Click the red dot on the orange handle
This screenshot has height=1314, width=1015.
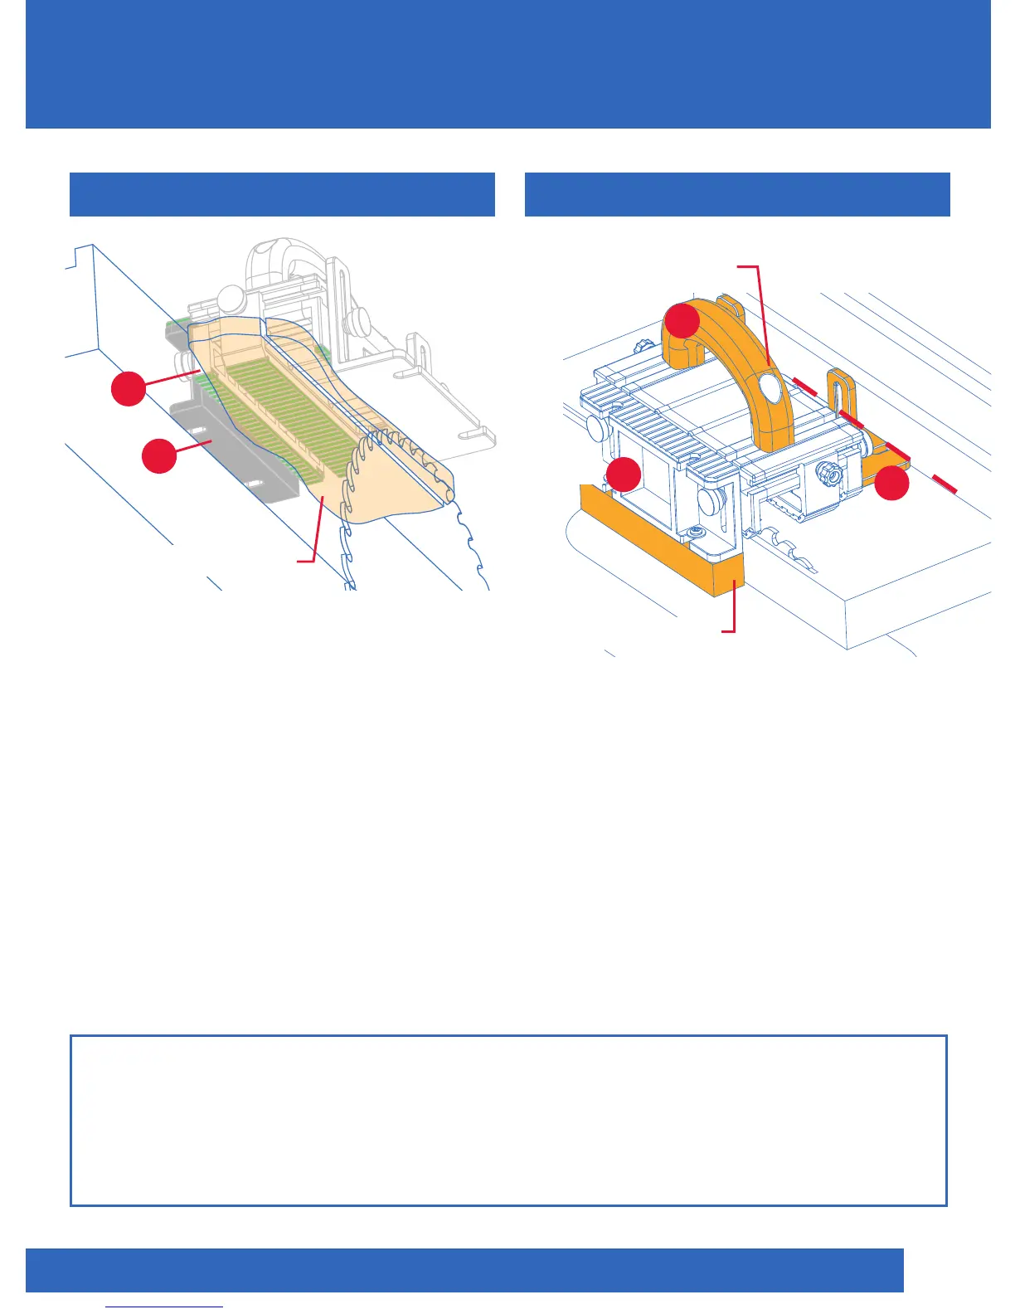pyautogui.click(x=682, y=320)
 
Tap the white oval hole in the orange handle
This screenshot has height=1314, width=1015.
pyautogui.click(x=768, y=387)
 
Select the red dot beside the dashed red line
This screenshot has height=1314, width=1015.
pyautogui.click(x=892, y=483)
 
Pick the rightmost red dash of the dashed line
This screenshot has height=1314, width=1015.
pyautogui.click(x=945, y=484)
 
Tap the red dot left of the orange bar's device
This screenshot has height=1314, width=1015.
pyautogui.click(x=624, y=474)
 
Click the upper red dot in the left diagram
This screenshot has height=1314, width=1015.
pyautogui.click(x=129, y=388)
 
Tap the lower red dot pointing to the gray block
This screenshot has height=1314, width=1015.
pyautogui.click(x=159, y=456)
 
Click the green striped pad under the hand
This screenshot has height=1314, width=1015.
pyautogui.click(x=282, y=398)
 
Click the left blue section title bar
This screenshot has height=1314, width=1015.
pyautogui.click(x=282, y=194)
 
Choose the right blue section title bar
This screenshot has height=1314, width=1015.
pyautogui.click(x=737, y=194)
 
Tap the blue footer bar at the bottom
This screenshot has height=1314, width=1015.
pyautogui.click(x=464, y=1270)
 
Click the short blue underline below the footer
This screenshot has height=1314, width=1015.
pyautogui.click(x=165, y=1307)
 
